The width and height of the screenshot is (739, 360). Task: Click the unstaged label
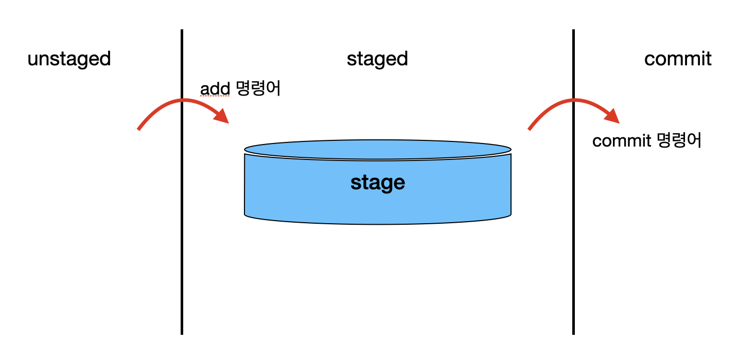(69, 59)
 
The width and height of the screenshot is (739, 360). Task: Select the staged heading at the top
(377, 59)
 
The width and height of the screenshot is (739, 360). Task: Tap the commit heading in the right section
(678, 59)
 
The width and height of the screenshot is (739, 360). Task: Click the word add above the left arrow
(215, 89)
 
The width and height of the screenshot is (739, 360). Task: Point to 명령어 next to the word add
(258, 89)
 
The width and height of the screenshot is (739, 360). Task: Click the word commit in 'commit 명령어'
(622, 140)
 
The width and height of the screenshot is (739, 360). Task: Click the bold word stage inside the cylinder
(378, 183)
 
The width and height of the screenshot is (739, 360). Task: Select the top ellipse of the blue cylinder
(378, 149)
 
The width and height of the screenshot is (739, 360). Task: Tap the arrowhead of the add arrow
(222, 116)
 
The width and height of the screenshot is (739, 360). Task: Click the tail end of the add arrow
(139, 129)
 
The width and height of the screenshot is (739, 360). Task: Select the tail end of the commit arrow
(530, 129)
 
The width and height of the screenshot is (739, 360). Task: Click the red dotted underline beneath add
(215, 96)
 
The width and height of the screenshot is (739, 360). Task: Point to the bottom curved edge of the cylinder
(378, 224)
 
